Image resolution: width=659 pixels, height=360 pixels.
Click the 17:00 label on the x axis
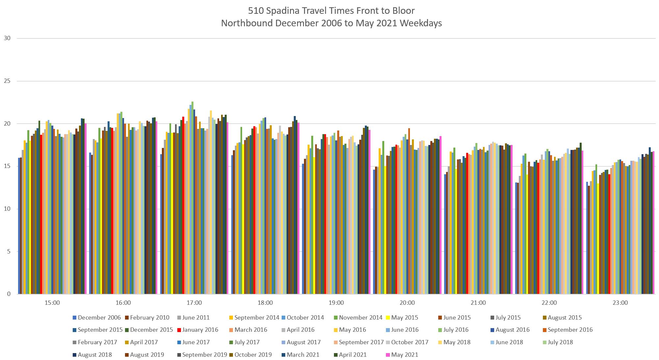click(194, 303)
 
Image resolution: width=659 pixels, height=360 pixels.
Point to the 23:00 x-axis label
click(620, 303)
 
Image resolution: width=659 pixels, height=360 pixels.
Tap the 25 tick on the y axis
click(7, 81)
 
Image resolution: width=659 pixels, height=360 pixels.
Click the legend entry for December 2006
click(99, 318)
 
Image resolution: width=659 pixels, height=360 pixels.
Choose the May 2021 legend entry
click(404, 355)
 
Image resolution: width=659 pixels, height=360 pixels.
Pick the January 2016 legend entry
click(200, 330)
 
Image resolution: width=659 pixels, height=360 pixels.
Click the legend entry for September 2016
click(570, 330)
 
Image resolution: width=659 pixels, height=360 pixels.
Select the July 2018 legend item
click(560, 342)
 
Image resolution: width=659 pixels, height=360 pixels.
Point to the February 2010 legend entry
click(149, 318)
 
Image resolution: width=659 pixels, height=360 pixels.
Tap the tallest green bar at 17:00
click(192, 198)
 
